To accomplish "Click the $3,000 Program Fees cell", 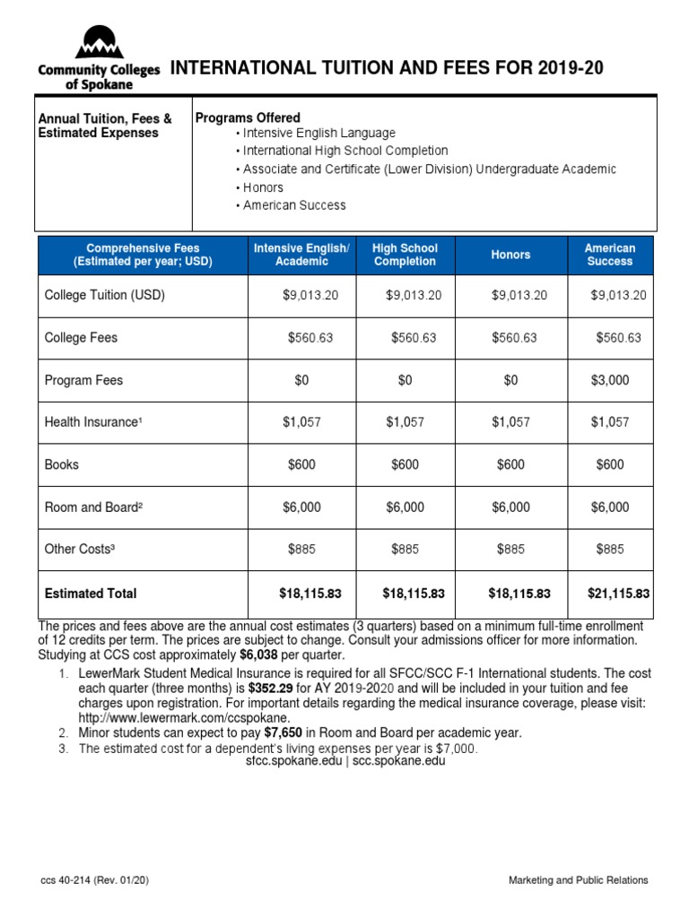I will coord(610,380).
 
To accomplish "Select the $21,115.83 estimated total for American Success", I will coord(618,593).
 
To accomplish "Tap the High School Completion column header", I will coord(405,255).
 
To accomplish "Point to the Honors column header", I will coord(510,255).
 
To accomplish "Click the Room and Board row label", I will coord(93,507).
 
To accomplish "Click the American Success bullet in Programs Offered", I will coord(293,205).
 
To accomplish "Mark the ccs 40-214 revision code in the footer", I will coord(93,880).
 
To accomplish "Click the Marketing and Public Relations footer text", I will coord(578,880).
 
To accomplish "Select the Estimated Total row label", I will coord(91,593).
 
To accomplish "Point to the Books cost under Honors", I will coord(510,464).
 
